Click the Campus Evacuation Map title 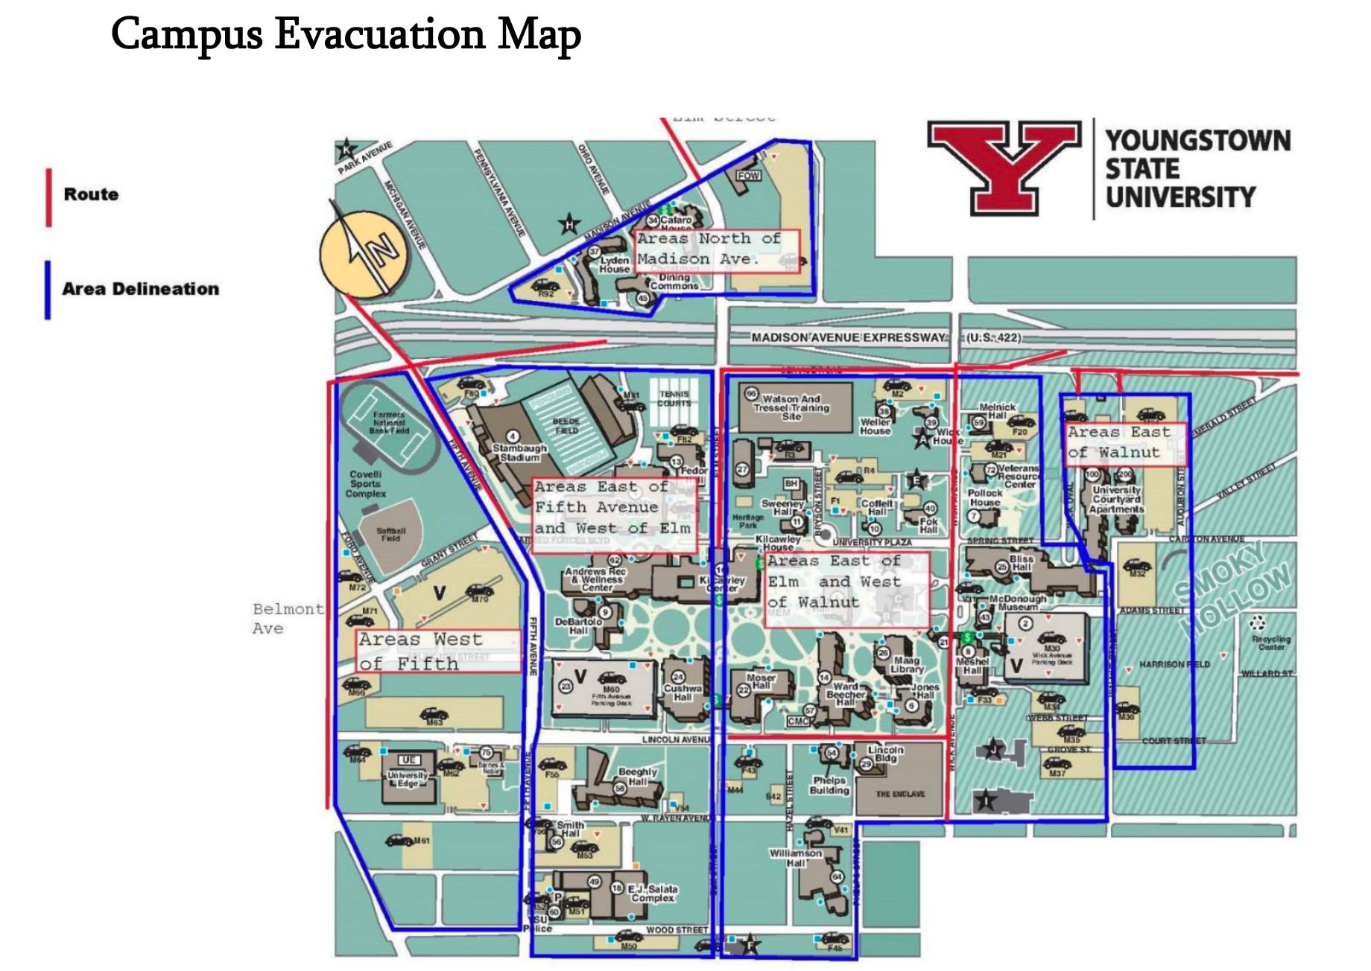click(x=346, y=34)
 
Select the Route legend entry click(x=91, y=194)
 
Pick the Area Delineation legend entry click(x=140, y=289)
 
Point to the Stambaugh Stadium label click(x=519, y=453)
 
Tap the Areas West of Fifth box click(x=438, y=652)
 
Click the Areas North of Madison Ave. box click(x=716, y=249)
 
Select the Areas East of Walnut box click(x=1122, y=442)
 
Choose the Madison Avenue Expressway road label click(x=848, y=337)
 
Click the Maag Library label click(x=906, y=664)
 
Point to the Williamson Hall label click(x=795, y=858)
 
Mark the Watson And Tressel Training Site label click(x=791, y=407)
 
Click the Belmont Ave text click(x=288, y=619)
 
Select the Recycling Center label click(x=1270, y=643)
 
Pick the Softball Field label click(x=390, y=535)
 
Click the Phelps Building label click(x=829, y=785)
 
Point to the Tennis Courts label click(x=674, y=398)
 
